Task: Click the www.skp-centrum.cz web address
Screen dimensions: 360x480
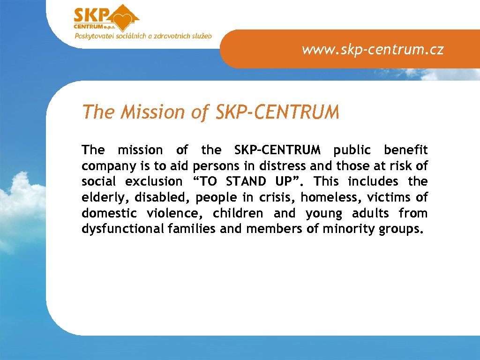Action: click(x=373, y=49)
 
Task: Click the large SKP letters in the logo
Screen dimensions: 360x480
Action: click(x=91, y=15)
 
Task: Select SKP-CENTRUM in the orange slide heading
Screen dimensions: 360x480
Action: click(x=277, y=112)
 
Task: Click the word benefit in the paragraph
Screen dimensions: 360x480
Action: click(x=405, y=150)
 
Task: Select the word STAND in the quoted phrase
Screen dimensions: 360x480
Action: click(x=246, y=182)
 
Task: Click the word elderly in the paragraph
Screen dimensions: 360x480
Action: click(x=104, y=198)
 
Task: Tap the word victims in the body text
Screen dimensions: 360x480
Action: click(x=388, y=198)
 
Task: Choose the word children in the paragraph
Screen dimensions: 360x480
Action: click(x=239, y=214)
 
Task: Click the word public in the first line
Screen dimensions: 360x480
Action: click(x=352, y=150)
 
